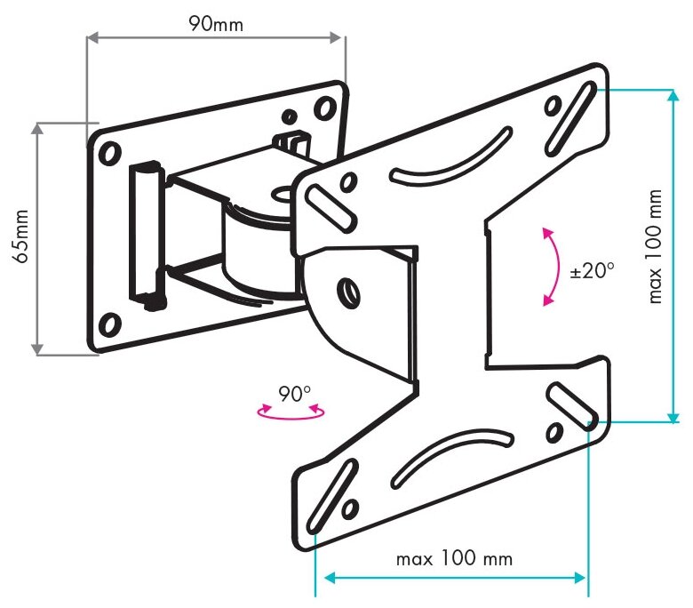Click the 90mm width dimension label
(x=214, y=23)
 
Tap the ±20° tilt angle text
(x=593, y=270)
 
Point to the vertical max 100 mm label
(x=656, y=246)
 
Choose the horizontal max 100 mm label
(x=454, y=558)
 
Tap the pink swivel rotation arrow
(x=290, y=412)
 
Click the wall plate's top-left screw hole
(x=109, y=153)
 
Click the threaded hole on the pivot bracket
(x=346, y=291)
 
